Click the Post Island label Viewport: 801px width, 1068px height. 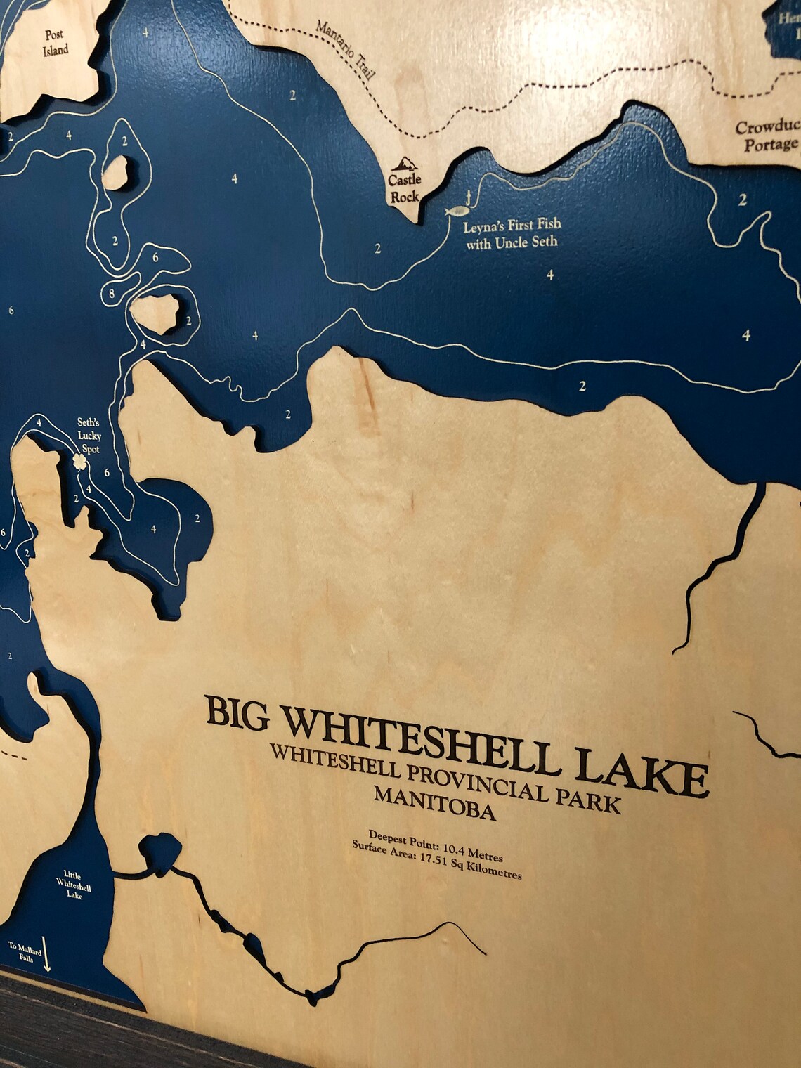(54, 42)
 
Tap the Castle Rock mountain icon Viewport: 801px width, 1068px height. (404, 165)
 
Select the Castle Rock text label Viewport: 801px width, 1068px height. (405, 188)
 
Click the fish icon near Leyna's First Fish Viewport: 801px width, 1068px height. (458, 209)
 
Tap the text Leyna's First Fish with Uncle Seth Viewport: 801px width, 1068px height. (512, 234)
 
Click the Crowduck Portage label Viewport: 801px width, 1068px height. (768, 136)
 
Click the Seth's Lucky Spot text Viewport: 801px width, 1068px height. (89, 436)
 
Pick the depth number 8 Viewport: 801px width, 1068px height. (112, 292)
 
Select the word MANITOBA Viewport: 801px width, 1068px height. (435, 805)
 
